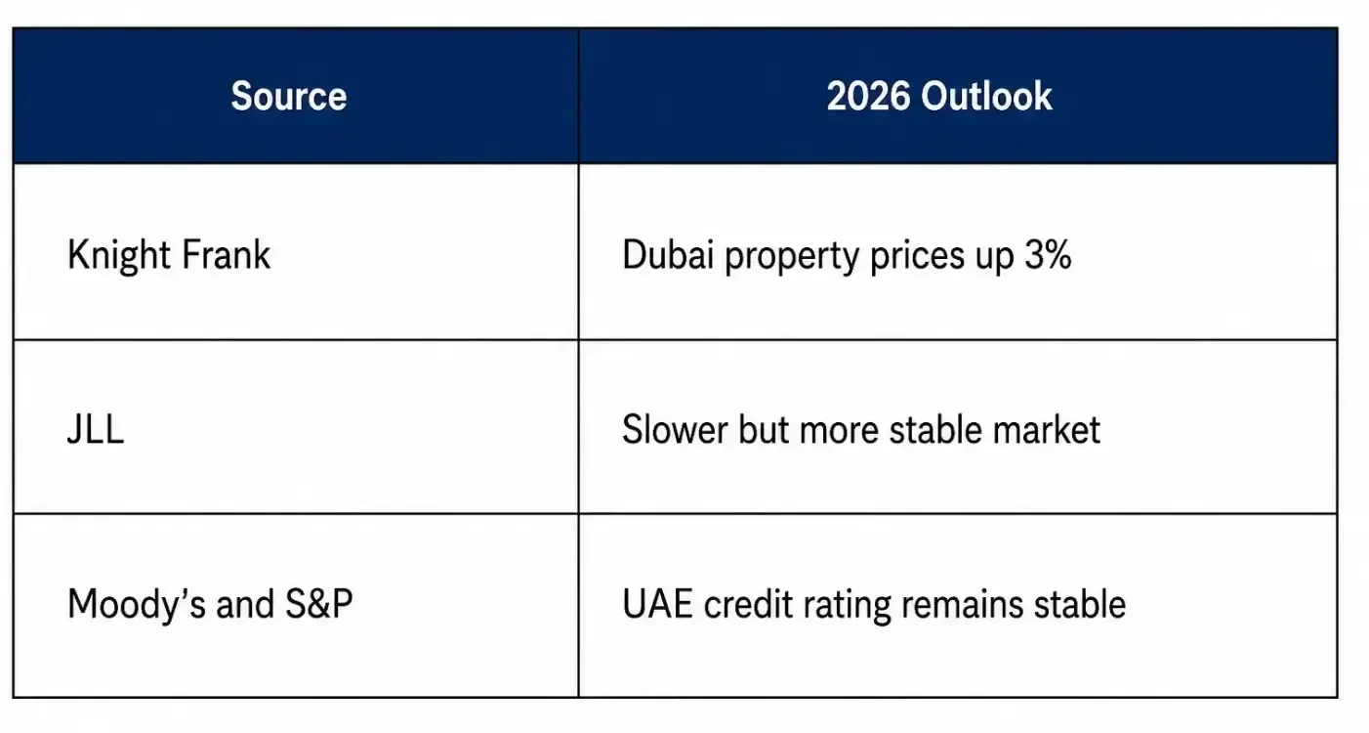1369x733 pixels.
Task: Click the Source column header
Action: click(288, 96)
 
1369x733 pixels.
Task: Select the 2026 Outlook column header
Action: click(938, 96)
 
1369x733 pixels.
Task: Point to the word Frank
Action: click(226, 254)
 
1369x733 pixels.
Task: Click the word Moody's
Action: click(137, 605)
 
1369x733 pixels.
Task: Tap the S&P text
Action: click(319, 604)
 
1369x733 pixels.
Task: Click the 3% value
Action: click(1048, 254)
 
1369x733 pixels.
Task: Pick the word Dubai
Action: click(668, 254)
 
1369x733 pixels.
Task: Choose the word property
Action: click(792, 257)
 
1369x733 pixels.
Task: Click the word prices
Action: click(917, 257)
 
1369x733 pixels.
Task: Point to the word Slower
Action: click(675, 429)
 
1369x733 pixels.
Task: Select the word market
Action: click(1047, 429)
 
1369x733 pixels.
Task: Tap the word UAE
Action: click(657, 604)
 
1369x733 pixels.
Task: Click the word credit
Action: click(747, 604)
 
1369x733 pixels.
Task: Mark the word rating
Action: click(847, 606)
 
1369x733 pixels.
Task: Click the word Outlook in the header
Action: click(986, 96)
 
